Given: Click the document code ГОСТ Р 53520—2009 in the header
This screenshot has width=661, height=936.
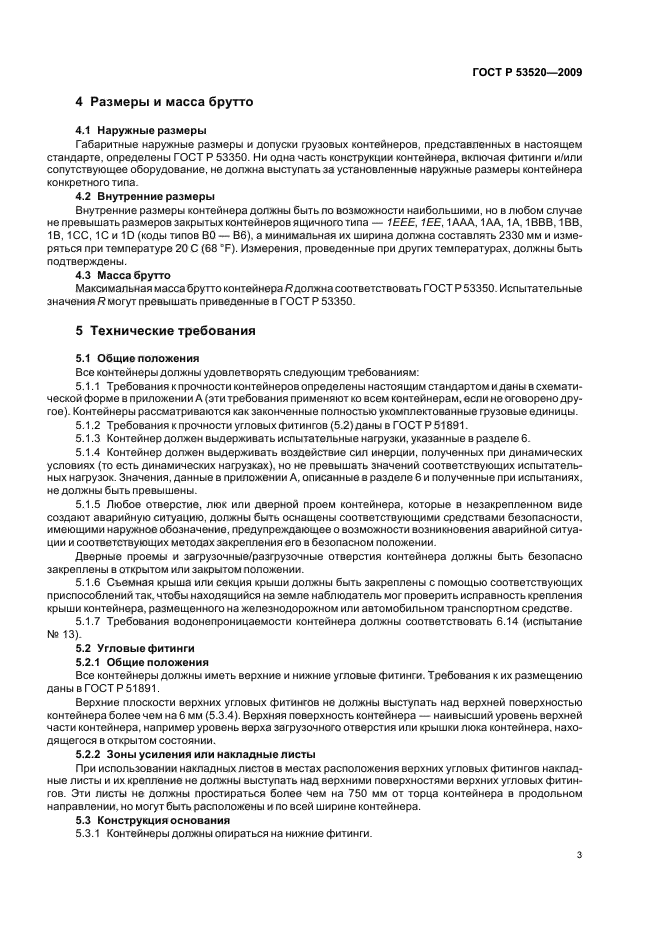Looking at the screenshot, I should [x=527, y=72].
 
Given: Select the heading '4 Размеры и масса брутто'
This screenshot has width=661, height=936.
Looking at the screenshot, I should [x=165, y=102].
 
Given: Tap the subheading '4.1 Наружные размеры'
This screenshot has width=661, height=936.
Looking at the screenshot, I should [x=141, y=131].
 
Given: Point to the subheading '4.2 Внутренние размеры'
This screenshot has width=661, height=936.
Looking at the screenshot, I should [x=145, y=197].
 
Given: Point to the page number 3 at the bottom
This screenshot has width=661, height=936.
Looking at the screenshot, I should [x=580, y=855].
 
